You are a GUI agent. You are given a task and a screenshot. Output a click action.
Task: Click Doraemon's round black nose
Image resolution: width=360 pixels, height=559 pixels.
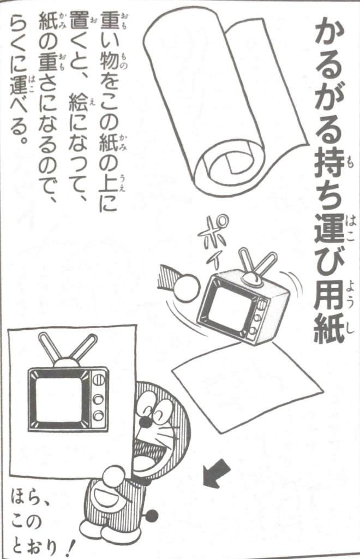point(146,423)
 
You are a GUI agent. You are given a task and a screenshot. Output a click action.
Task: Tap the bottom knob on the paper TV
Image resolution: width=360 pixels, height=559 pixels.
point(97,415)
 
